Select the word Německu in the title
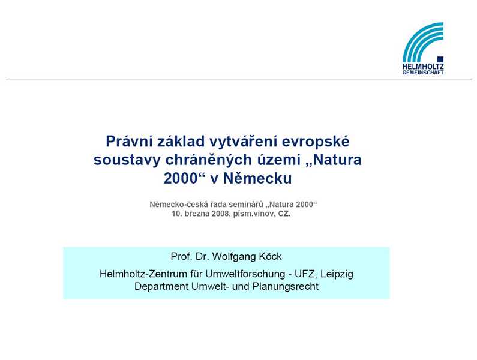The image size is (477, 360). [257, 178]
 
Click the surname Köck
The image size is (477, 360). [270, 256]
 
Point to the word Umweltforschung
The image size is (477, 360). [245, 274]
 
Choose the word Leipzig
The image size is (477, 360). [337, 274]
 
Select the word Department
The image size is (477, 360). [161, 287]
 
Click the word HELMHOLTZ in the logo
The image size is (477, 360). [423, 67]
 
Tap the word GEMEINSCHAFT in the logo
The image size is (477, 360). [423, 73]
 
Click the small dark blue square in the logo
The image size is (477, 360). [440, 59]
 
